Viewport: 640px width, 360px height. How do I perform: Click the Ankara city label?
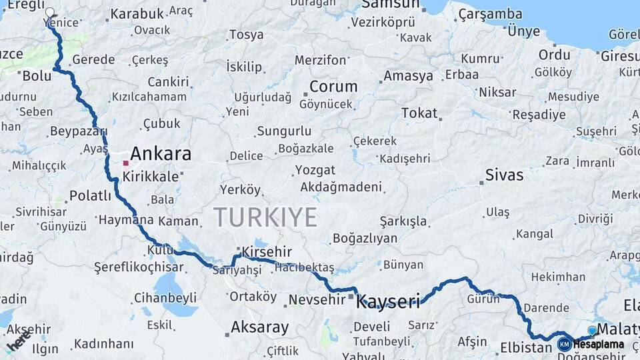[x=161, y=154]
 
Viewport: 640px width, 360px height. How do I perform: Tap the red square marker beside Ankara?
[x=125, y=162]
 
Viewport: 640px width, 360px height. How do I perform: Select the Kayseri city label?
[x=389, y=302]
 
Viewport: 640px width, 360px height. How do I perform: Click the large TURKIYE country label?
[x=265, y=217]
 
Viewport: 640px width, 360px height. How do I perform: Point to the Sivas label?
[x=504, y=175]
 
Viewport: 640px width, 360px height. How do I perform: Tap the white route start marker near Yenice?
[x=50, y=12]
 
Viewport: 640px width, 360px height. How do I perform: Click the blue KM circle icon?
[x=564, y=344]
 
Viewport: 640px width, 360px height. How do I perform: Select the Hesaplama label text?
[x=599, y=344]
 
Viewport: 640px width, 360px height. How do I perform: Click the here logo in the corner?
[x=18, y=341]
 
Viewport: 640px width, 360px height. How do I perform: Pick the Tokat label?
[x=419, y=113]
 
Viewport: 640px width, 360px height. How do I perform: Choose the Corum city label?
[x=333, y=87]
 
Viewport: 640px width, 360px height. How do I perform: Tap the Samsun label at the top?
[x=391, y=5]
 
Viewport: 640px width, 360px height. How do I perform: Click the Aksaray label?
[x=259, y=327]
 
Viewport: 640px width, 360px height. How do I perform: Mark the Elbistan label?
[x=526, y=347]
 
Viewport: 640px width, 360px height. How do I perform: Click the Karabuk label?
[x=137, y=13]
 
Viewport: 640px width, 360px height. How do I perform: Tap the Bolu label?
[x=37, y=75]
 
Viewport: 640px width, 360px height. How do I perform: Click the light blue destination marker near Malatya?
[x=592, y=329]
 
